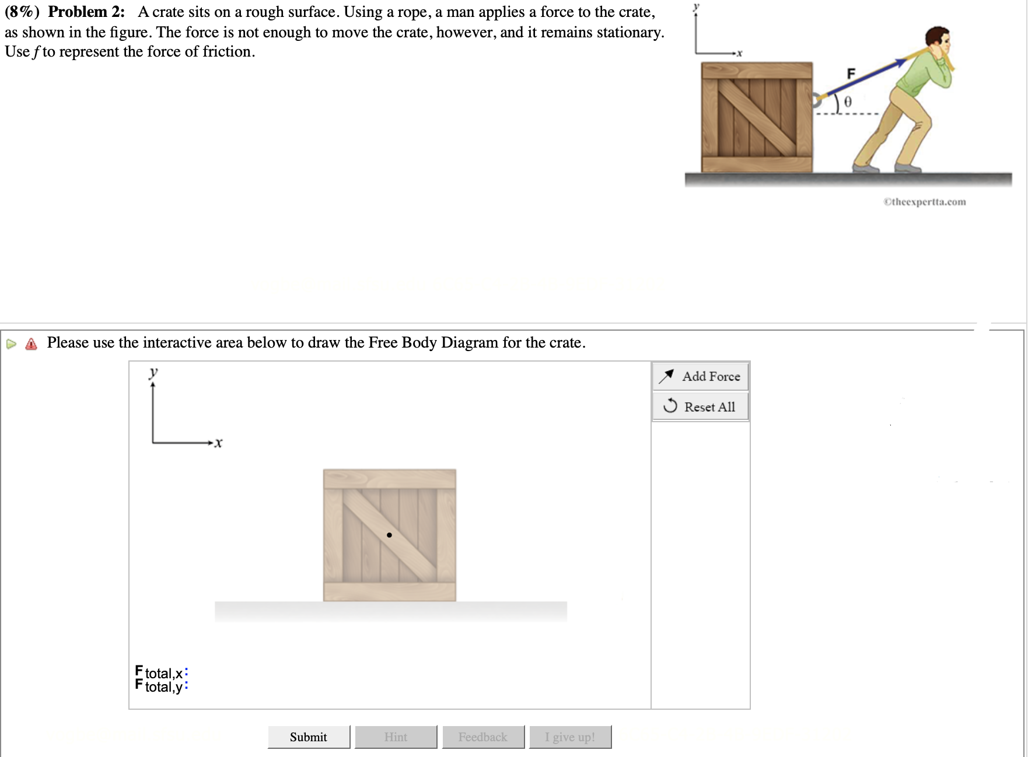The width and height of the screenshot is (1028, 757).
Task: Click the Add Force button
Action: click(700, 376)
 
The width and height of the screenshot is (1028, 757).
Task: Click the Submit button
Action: click(309, 737)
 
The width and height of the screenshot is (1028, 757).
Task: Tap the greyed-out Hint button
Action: click(396, 737)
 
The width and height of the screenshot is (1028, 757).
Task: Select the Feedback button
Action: click(483, 737)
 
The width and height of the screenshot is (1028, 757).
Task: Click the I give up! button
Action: click(570, 737)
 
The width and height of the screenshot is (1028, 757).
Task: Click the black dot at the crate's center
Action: click(389, 535)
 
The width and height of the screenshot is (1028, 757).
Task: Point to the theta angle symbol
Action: click(848, 101)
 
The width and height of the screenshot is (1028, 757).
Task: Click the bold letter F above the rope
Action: click(851, 73)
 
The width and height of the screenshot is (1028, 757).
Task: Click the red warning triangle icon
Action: click(32, 344)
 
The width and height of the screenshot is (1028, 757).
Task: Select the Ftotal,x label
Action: click(161, 672)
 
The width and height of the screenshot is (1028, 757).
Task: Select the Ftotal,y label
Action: click(161, 686)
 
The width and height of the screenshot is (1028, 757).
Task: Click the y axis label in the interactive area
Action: click(153, 372)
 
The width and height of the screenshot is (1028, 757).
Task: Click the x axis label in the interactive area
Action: click(218, 443)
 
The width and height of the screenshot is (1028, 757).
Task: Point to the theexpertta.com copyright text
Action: click(924, 202)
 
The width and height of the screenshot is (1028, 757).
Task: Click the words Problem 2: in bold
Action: click(86, 12)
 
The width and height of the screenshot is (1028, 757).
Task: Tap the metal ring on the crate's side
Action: click(817, 100)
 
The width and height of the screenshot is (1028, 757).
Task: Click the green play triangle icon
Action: click(11, 344)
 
